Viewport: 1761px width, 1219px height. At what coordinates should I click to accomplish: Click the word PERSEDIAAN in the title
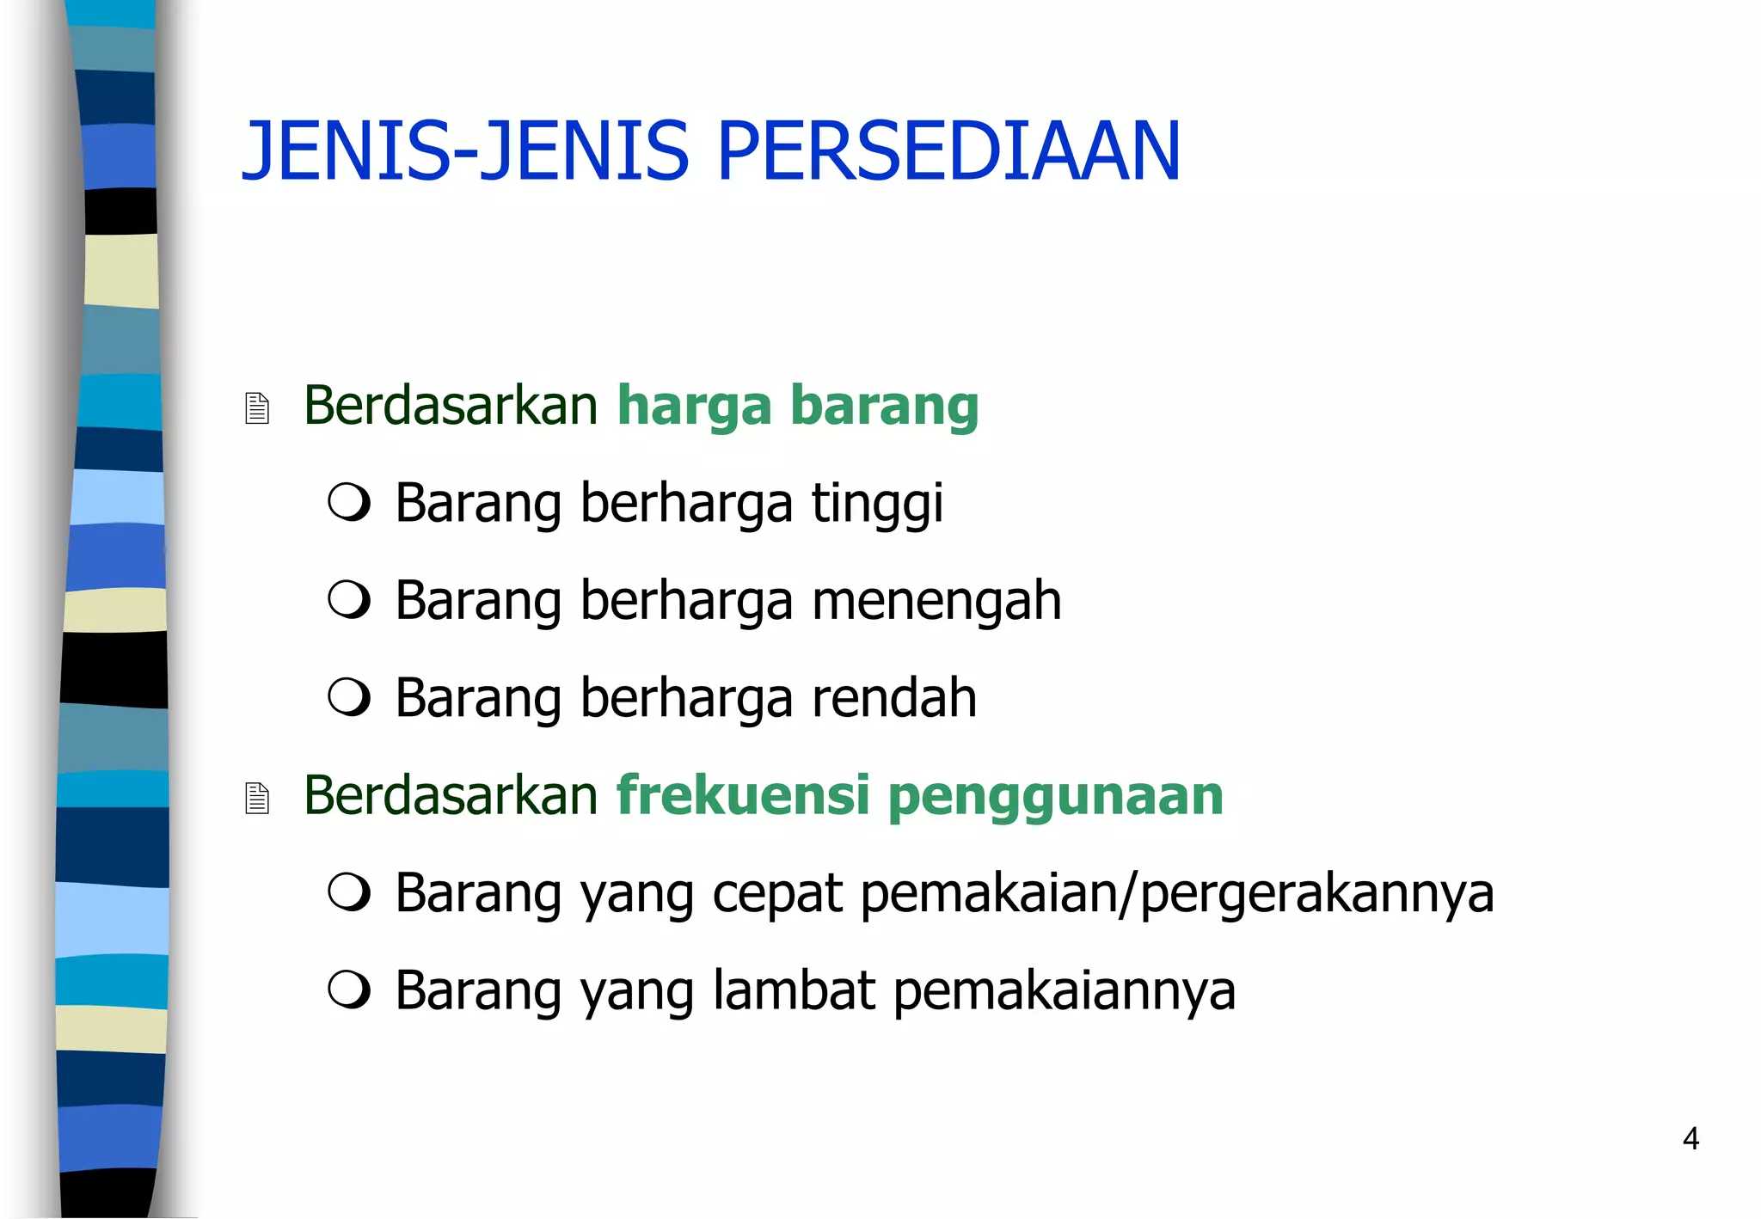(948, 151)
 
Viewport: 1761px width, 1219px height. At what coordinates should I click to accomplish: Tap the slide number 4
(1690, 1138)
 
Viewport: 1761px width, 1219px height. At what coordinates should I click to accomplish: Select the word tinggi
(877, 504)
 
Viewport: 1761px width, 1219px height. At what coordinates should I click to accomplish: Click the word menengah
(936, 601)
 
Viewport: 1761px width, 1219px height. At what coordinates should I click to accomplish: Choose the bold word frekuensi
(743, 795)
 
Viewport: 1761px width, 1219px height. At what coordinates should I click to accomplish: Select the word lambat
(795, 990)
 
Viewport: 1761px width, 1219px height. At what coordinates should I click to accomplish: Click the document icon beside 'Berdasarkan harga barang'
(257, 407)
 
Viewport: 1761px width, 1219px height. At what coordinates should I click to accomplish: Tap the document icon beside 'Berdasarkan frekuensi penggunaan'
(257, 798)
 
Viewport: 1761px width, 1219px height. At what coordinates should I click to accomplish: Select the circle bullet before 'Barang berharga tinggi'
(349, 502)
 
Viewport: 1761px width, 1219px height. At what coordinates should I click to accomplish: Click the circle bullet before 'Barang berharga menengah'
(349, 599)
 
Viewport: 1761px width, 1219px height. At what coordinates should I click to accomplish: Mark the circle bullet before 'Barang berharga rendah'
(349, 697)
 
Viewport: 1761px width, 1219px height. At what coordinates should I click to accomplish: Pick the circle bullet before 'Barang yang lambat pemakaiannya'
(349, 989)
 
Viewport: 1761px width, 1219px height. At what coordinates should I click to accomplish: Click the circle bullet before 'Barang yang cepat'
(349, 892)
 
